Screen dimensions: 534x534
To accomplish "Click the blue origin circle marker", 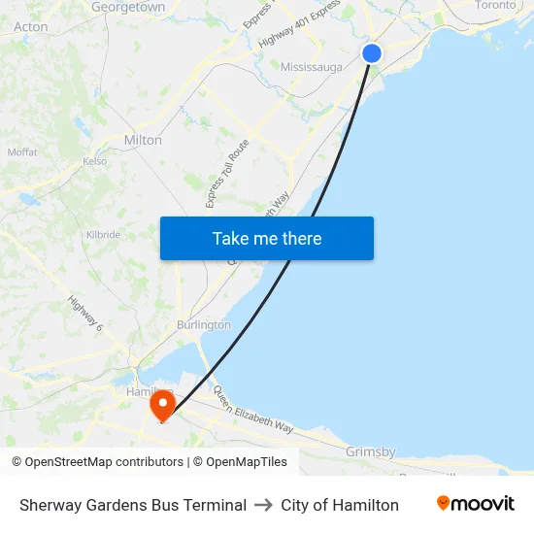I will tap(372, 53).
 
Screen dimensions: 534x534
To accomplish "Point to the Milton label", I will tap(143, 140).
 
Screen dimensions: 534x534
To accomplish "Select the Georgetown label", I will tap(128, 7).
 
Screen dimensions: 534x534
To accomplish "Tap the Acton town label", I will tap(31, 27).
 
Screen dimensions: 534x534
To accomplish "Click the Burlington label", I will tap(204, 324).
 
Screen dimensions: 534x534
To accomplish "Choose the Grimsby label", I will tap(371, 451).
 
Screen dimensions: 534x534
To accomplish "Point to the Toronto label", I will tap(495, 6).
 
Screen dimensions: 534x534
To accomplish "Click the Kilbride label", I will tap(103, 235).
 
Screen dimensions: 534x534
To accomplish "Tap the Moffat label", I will tap(22, 152).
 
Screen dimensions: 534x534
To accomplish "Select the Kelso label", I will tap(94, 161).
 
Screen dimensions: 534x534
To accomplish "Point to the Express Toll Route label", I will tap(228, 173).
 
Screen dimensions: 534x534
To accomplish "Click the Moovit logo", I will tap(475, 504).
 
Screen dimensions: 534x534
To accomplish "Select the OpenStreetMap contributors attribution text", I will tap(97, 462).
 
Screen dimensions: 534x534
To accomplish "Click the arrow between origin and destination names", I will tap(263, 505).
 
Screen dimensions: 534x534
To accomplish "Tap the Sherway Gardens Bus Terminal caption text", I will tap(133, 505).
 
